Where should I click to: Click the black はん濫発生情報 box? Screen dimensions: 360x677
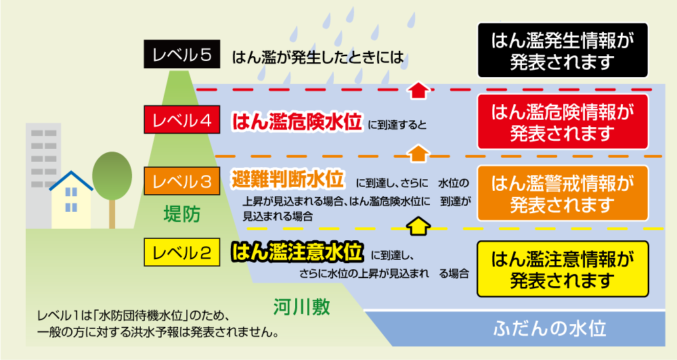tap(563, 50)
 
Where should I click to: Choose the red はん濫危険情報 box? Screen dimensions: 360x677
tap(563, 121)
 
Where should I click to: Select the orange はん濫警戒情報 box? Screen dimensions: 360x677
tap(563, 193)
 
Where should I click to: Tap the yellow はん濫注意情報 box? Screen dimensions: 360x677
tap(563, 268)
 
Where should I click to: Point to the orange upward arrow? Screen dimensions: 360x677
tap(420, 152)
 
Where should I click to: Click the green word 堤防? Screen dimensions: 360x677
tap(183, 215)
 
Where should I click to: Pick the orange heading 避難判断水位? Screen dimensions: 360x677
tap(288, 181)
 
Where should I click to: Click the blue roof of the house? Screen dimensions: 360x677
tap(71, 179)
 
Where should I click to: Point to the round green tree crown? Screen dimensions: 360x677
tap(112, 173)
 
